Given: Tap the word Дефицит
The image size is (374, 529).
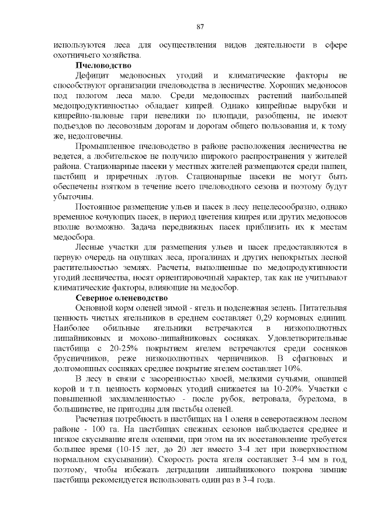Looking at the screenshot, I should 92,75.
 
